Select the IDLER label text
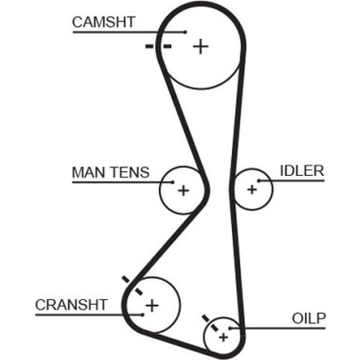click(x=301, y=170)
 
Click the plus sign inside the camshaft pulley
click(x=201, y=45)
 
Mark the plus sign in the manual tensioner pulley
click(x=183, y=191)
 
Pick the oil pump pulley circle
click(x=223, y=330)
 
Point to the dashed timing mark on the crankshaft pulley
click(x=132, y=285)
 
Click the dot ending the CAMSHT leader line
click(x=187, y=33)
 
